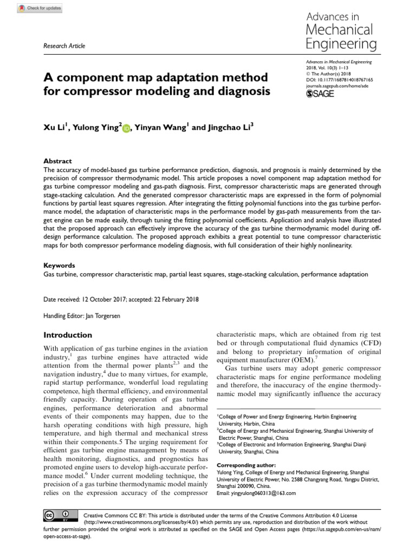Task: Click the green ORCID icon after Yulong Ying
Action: click(127, 128)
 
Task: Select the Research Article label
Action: click(63, 47)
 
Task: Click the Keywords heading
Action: click(59, 266)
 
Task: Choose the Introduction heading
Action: click(68, 335)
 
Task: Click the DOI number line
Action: click(336, 79)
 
